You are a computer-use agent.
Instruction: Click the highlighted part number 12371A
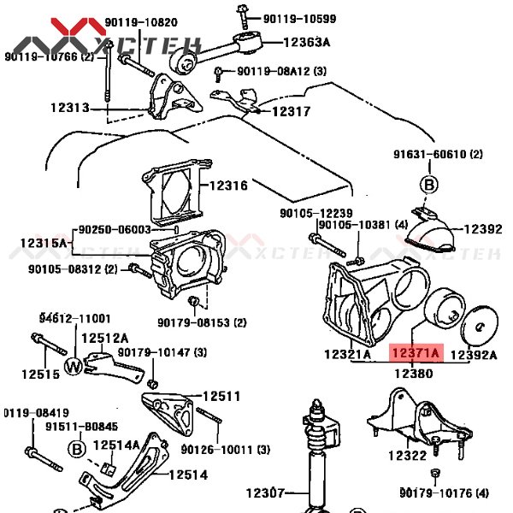click(415, 352)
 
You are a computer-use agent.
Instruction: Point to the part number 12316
click(228, 186)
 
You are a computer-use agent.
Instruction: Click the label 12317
click(292, 111)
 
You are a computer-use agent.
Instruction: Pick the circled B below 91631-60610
click(427, 184)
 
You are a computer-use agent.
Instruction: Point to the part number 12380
click(414, 374)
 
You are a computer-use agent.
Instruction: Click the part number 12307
click(267, 492)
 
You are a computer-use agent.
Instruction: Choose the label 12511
click(221, 396)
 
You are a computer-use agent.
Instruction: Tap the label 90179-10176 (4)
click(444, 492)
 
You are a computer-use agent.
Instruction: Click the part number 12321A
click(348, 354)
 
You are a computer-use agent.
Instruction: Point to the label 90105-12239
click(315, 213)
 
